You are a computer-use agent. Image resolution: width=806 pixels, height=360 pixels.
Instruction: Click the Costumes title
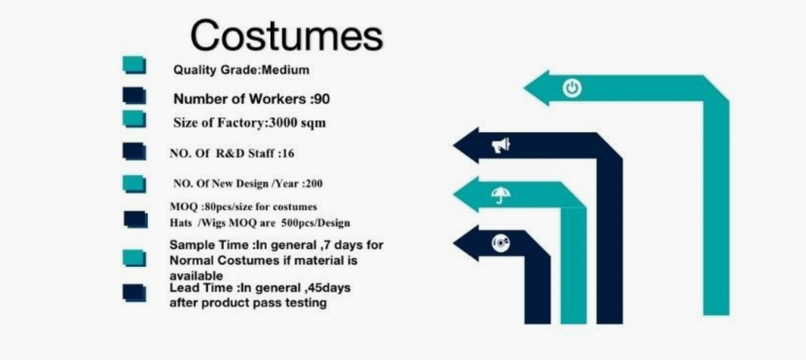286,36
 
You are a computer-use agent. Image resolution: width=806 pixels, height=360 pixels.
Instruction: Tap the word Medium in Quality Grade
285,70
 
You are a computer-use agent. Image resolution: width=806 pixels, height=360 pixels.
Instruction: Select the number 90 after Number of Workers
321,99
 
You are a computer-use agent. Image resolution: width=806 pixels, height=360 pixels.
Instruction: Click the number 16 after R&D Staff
288,153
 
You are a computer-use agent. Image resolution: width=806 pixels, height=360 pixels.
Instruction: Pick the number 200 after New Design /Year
314,184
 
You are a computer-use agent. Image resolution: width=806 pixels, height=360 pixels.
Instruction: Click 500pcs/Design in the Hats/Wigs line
316,223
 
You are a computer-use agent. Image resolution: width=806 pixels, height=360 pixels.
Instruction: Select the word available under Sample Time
196,276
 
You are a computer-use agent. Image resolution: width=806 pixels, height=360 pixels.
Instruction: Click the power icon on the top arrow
572,88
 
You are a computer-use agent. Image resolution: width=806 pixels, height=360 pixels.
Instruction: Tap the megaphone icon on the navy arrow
501,145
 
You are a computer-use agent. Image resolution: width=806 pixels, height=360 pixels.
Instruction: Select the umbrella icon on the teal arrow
501,195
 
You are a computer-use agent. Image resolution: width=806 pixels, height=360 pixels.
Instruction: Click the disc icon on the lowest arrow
501,244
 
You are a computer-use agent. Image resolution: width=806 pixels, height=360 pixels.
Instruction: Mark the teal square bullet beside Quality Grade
134,65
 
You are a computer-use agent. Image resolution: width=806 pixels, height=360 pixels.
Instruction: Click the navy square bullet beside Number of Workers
134,96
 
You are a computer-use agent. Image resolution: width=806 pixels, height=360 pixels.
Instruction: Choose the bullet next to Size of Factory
134,119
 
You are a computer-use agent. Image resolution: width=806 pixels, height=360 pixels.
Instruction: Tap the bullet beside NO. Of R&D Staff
134,151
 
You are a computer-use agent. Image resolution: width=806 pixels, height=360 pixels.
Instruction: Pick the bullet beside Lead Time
134,293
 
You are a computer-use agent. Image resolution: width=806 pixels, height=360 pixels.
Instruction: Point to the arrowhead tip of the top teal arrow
523,88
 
